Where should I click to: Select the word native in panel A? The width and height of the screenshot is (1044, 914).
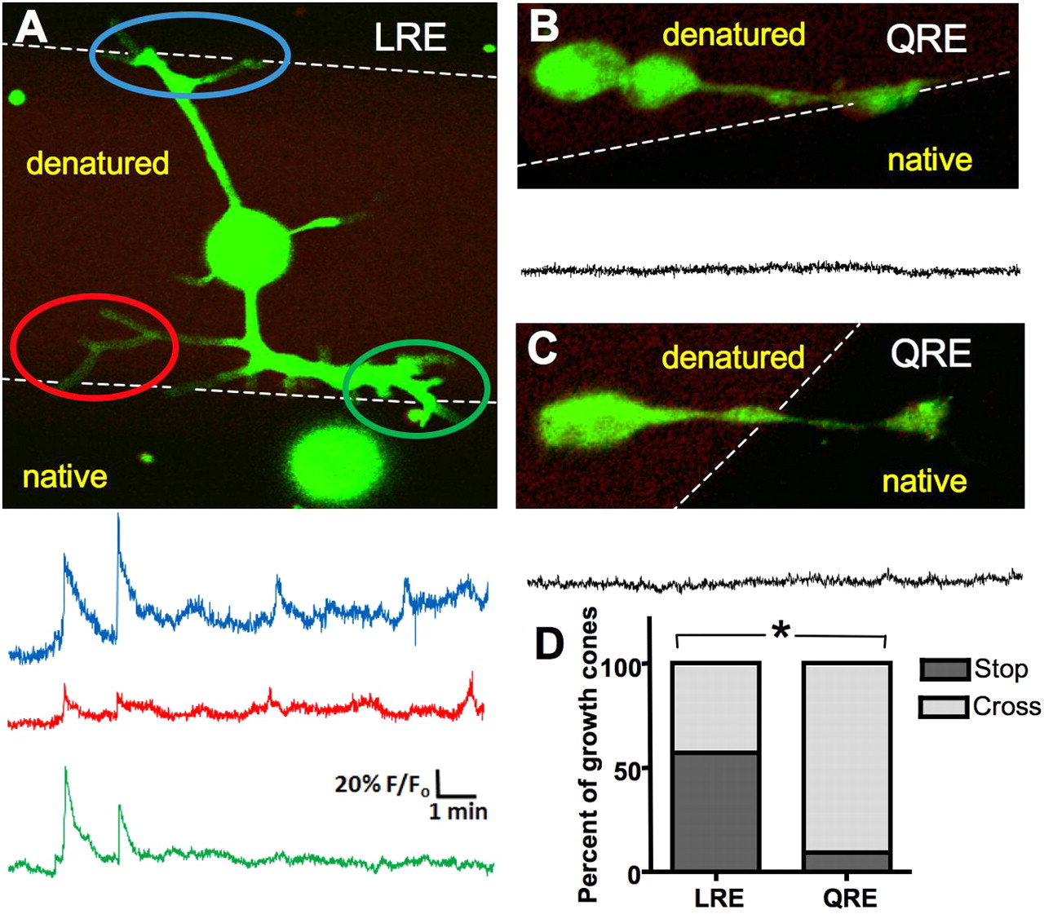point(64,476)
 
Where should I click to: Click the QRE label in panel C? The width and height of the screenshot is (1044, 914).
point(931,353)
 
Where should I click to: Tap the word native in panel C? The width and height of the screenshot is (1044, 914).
point(925,480)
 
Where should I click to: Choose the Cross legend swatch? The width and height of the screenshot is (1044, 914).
point(944,706)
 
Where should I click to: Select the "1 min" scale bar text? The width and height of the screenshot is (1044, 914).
point(458,811)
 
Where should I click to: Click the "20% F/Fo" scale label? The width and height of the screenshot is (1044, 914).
point(383,785)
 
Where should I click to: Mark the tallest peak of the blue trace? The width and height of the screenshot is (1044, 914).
point(118,516)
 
